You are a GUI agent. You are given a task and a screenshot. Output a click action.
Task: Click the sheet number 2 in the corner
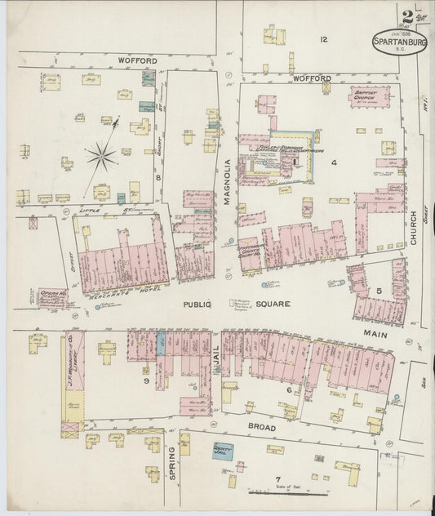coord(406,16)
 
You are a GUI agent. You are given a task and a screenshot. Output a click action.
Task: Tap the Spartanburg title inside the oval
coord(400,41)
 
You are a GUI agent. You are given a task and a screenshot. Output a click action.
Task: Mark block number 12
coord(323,38)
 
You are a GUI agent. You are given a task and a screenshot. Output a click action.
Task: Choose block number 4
coord(333,162)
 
